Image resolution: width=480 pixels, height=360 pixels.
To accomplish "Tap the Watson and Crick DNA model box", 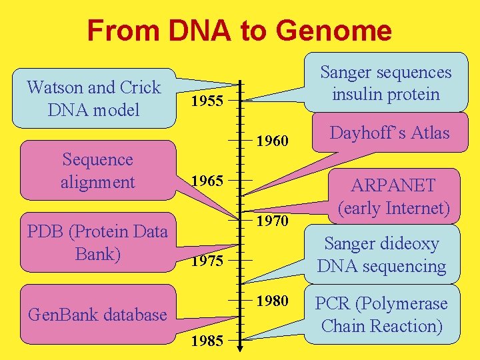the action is (x=94, y=98).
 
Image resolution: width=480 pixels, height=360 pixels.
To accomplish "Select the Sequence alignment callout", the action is (x=97, y=170).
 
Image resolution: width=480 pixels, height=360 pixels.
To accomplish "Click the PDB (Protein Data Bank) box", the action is (x=97, y=243).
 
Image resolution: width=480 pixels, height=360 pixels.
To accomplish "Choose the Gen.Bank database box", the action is (x=97, y=314).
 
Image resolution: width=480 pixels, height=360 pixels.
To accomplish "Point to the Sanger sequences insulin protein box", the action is (x=385, y=83).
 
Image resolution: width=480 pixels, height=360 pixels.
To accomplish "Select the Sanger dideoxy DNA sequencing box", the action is (x=381, y=255).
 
